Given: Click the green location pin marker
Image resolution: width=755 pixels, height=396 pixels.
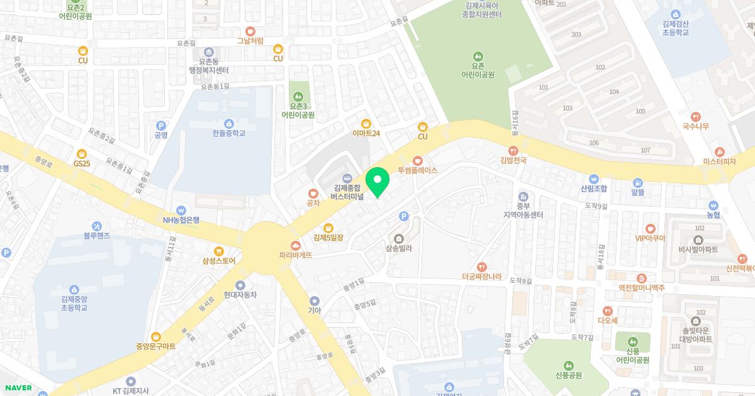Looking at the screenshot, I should click(377, 182).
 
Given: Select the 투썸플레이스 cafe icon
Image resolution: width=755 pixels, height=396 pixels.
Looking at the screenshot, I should click(418, 160).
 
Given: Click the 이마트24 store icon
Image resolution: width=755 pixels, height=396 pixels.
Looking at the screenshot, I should click(366, 123).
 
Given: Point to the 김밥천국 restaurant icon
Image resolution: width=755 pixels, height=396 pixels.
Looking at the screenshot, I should click(513, 150).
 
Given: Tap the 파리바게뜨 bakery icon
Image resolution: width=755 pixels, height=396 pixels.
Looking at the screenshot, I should click(295, 245).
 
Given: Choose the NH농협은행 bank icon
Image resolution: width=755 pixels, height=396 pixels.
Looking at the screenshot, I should click(181, 210).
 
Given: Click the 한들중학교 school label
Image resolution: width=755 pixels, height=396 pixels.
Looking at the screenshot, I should click(228, 133).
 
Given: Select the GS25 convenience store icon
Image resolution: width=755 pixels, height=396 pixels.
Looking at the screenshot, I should click(82, 153).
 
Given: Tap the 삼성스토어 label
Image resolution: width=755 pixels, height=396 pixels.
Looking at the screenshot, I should click(218, 261).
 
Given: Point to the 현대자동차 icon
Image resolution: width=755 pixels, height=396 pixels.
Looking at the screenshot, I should click(240, 285).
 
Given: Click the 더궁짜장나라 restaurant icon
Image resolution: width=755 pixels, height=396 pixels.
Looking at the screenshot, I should click(482, 267).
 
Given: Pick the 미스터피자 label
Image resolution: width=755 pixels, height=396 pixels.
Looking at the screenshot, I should click(719, 162).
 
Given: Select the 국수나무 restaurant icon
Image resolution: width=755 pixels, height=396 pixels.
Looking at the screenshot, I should click(695, 116).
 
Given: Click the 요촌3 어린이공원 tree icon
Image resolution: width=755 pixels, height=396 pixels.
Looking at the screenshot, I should click(298, 96).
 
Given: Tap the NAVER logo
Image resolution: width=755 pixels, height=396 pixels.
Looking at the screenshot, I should click(17, 388).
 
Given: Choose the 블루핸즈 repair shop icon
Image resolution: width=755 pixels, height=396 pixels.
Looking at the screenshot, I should click(97, 226).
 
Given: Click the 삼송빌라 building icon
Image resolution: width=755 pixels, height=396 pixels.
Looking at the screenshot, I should click(398, 238).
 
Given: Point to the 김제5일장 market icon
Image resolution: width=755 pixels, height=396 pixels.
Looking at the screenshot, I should click(328, 228).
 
